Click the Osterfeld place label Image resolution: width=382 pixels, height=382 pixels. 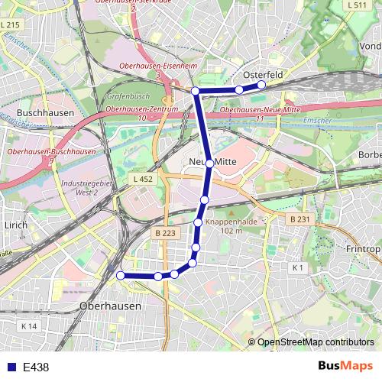pyautogui.click(x=263, y=75)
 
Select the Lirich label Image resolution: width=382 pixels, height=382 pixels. pyautogui.click(x=15, y=225)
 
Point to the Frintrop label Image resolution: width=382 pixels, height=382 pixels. pyautogui.click(x=363, y=249)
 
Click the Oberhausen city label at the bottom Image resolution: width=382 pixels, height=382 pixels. pyautogui.click(x=111, y=306)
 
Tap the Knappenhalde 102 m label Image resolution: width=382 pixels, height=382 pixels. pyautogui.click(x=231, y=225)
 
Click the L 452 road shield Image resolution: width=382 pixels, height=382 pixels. pyautogui.click(x=142, y=179)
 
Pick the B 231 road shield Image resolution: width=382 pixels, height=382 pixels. pyautogui.click(x=299, y=219)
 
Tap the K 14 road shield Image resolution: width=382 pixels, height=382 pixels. pyautogui.click(x=29, y=326)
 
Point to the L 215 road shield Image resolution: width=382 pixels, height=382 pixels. pyautogui.click(x=11, y=25)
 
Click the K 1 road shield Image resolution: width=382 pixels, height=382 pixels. pyautogui.click(x=298, y=267)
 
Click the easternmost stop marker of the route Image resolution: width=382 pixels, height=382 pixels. pyautogui.click(x=261, y=85)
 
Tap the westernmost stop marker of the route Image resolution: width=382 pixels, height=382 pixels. pyautogui.click(x=120, y=275)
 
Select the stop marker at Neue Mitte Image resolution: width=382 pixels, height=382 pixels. pyautogui.click(x=209, y=163)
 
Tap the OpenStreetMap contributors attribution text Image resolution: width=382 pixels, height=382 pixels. pyautogui.click(x=316, y=342)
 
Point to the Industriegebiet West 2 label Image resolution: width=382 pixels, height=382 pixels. pyautogui.click(x=84, y=188)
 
